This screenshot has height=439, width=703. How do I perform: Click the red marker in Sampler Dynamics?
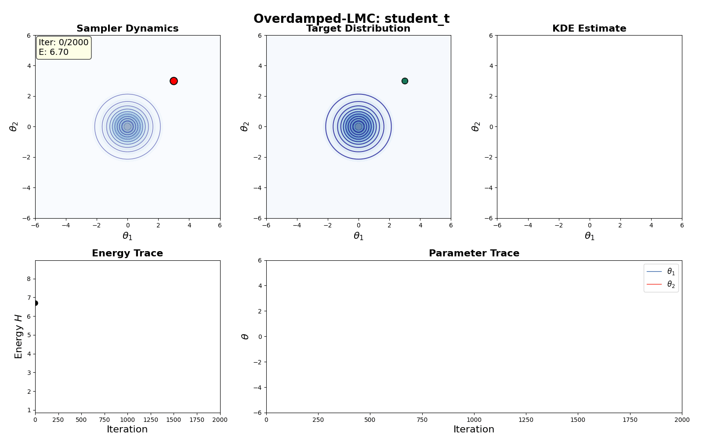pyautogui.click(x=174, y=81)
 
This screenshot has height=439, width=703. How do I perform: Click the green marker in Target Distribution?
pyautogui.click(x=405, y=81)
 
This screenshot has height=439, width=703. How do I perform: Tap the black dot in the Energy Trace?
pyautogui.click(x=35, y=303)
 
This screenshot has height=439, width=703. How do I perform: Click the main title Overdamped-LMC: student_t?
pyautogui.click(x=351, y=19)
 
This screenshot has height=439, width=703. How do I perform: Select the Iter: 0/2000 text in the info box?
pyautogui.click(x=64, y=43)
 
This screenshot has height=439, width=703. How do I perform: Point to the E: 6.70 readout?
pyautogui.click(x=54, y=52)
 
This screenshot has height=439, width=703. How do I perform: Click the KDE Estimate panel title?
pyautogui.click(x=589, y=29)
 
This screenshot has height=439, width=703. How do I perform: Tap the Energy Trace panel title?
pyautogui.click(x=127, y=253)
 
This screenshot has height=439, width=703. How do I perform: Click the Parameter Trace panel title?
pyautogui.click(x=474, y=253)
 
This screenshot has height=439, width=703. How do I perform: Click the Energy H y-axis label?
pyautogui.click(x=18, y=336)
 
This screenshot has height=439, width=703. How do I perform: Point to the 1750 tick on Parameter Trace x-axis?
pyautogui.click(x=630, y=420)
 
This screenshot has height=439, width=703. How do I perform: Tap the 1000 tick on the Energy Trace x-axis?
pyautogui.click(x=127, y=420)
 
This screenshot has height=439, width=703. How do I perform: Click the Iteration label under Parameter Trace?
pyautogui.click(x=474, y=429)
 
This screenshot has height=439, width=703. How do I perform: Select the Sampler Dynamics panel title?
pyautogui.click(x=127, y=29)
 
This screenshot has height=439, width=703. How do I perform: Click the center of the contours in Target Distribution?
pyautogui.click(x=359, y=126)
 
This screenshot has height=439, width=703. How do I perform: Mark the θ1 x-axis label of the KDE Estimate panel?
pyautogui.click(x=589, y=236)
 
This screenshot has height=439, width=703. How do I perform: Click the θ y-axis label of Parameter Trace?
pyautogui.click(x=245, y=336)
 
